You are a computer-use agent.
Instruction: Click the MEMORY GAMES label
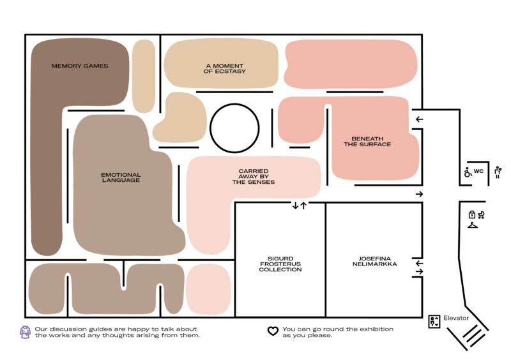click(80, 66)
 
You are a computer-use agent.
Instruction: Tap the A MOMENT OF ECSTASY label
click(225, 68)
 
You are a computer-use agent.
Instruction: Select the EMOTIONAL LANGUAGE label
click(121, 177)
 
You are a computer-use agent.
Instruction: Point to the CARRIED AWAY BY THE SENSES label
click(254, 177)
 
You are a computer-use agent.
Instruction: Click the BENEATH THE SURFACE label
click(367, 141)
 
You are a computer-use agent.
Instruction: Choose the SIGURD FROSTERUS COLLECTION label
click(280, 264)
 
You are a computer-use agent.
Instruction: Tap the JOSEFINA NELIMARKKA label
click(374, 261)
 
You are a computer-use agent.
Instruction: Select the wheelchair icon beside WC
click(467, 172)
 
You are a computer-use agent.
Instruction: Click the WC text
click(478, 172)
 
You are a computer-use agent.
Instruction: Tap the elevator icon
click(435, 321)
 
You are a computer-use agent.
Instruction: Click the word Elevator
click(456, 318)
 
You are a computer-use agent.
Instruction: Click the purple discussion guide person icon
click(25, 332)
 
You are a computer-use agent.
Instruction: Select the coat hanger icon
click(473, 225)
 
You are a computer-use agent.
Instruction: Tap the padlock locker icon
click(471, 214)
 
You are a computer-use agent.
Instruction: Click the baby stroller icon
click(481, 214)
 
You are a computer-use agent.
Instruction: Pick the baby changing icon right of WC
click(497, 172)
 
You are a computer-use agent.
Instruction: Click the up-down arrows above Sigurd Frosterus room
click(299, 205)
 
